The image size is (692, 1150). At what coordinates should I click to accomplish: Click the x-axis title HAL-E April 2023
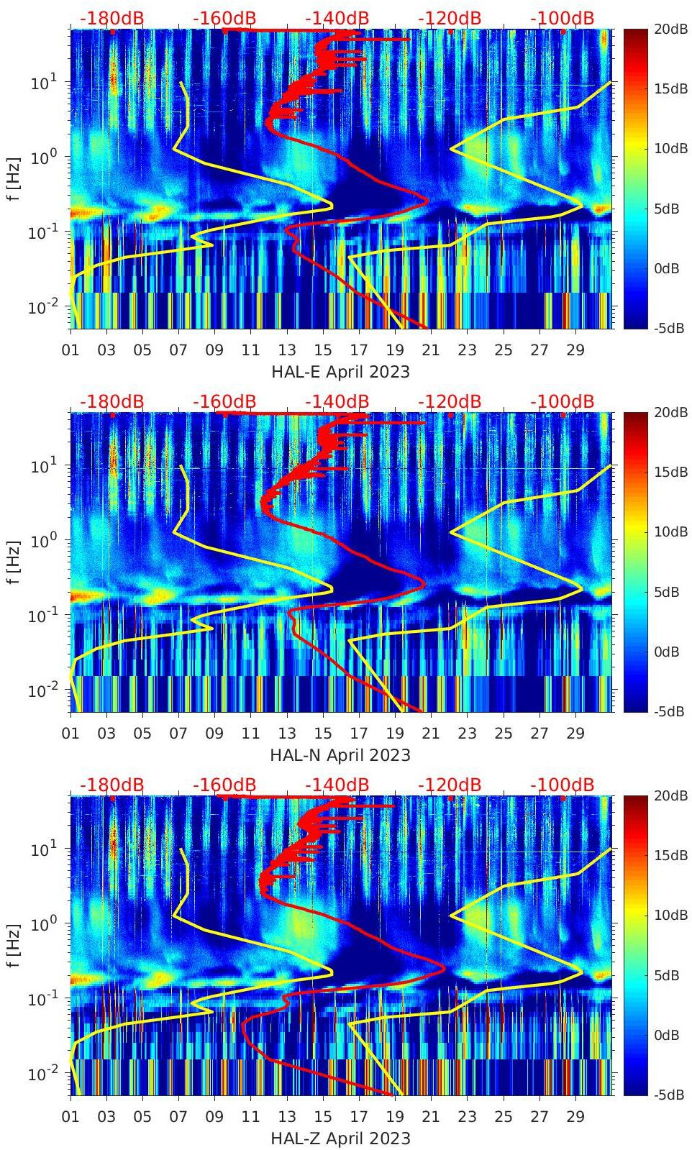click(340, 372)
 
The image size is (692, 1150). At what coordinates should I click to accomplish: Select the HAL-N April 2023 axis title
click(340, 755)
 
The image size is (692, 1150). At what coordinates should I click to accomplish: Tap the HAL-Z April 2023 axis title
click(340, 1138)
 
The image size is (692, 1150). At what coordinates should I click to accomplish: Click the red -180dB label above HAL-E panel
click(111, 19)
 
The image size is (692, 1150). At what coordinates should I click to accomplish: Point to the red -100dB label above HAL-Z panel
click(562, 785)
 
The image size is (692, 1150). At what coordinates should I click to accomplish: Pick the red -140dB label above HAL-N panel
click(337, 401)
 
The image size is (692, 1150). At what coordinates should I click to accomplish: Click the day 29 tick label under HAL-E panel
click(575, 350)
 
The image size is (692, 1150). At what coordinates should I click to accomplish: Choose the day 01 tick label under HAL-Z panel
click(70, 1117)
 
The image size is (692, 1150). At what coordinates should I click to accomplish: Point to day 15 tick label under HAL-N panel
click(322, 734)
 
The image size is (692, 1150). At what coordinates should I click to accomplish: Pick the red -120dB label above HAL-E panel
click(449, 19)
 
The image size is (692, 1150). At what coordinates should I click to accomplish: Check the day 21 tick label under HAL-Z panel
click(430, 1117)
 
